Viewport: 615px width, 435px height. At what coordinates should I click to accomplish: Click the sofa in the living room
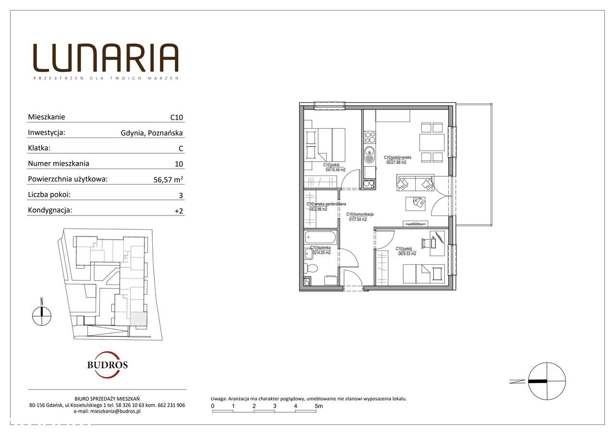[x=415, y=183]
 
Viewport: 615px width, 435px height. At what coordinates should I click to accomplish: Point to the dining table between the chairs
[x=431, y=142]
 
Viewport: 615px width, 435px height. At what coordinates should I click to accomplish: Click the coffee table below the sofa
[x=416, y=203]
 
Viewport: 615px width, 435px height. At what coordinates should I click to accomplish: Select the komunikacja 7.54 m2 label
[x=360, y=217]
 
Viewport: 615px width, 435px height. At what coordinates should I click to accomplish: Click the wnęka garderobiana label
[x=326, y=207]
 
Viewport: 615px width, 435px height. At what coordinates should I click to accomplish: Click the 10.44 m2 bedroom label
[x=335, y=167]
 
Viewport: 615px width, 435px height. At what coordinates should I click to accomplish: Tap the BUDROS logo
[x=107, y=364]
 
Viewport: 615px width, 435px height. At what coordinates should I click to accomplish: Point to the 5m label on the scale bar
[x=318, y=406]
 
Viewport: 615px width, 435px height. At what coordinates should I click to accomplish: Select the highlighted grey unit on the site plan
[x=139, y=319]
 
